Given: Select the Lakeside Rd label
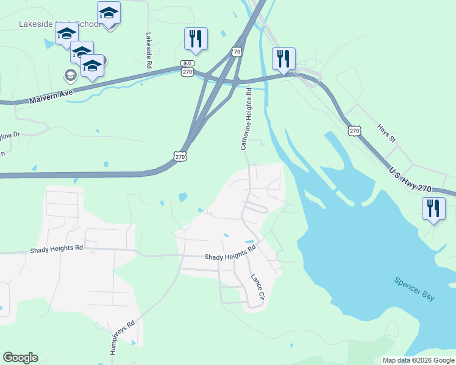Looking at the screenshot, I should click(x=149, y=49).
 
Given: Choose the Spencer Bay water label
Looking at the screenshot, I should click(x=415, y=288).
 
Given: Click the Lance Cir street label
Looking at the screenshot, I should click(x=257, y=287).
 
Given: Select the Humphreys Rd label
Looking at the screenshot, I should click(x=123, y=338).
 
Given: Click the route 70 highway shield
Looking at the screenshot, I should click(x=237, y=52).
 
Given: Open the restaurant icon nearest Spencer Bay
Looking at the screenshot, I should click(x=433, y=209).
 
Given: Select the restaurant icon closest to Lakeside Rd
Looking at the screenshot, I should click(x=196, y=38).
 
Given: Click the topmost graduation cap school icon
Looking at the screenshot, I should click(x=109, y=12).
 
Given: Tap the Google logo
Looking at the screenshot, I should click(x=20, y=358).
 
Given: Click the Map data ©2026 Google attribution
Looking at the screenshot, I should click(x=419, y=360).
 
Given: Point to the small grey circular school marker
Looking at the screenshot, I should click(x=70, y=75).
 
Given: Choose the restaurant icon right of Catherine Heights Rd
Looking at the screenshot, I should click(x=283, y=58).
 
